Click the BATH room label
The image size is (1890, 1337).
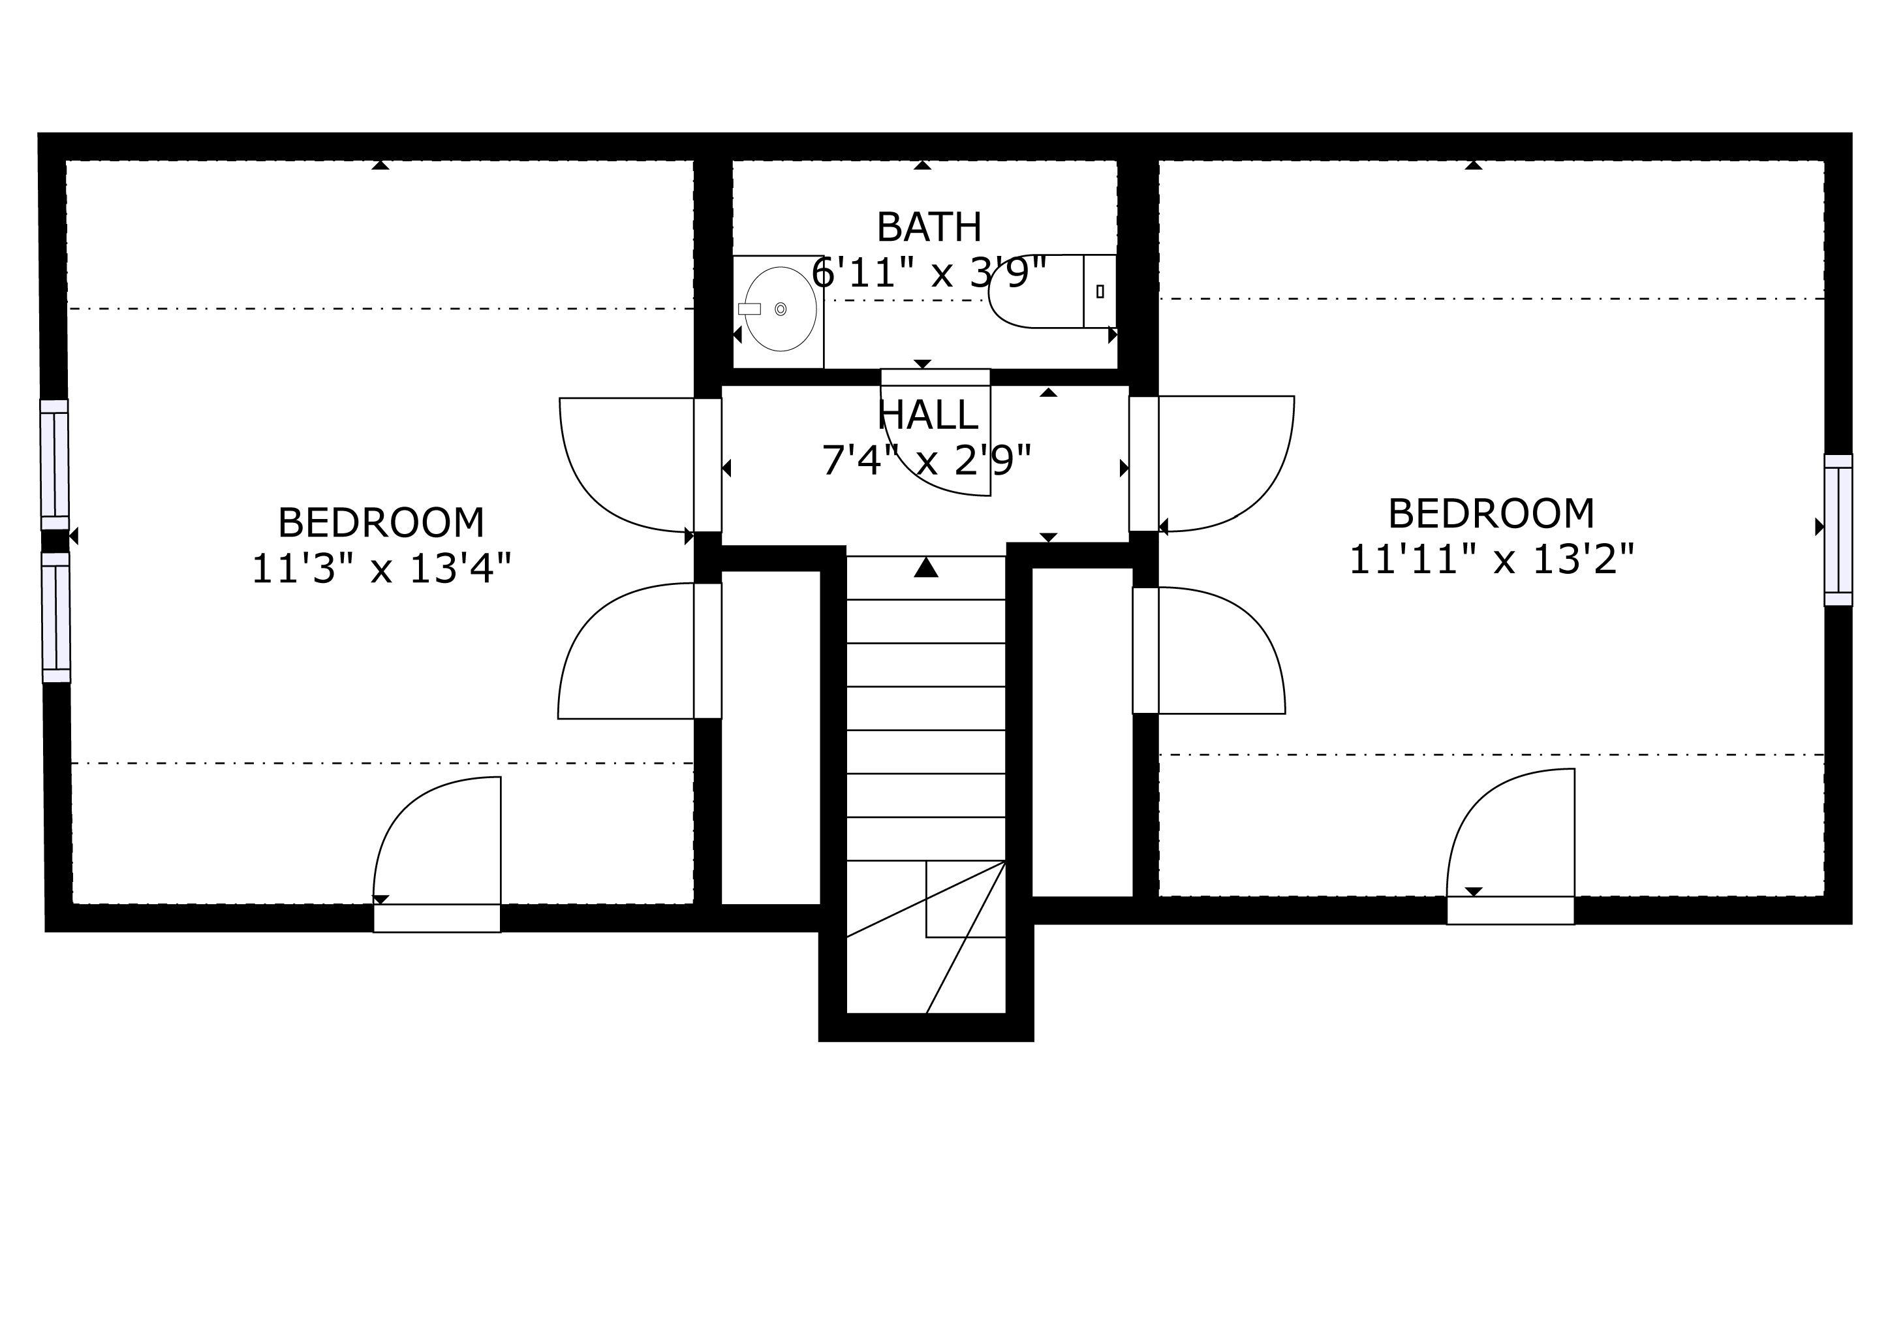coord(929,227)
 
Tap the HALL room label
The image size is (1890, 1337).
coord(929,415)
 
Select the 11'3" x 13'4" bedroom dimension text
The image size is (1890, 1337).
coord(381,568)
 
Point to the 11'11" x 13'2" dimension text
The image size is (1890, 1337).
coord(1491,560)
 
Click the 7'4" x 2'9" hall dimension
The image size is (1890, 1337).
coord(927,460)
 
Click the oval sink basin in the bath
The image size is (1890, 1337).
coord(781,309)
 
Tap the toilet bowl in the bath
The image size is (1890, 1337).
coord(1036,291)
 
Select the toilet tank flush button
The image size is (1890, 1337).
coord(1100,291)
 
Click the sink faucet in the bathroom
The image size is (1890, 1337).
coord(749,309)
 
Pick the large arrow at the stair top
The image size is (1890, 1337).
coord(926,567)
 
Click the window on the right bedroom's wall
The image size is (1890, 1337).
coord(1838,529)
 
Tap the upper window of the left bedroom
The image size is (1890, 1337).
coord(54,465)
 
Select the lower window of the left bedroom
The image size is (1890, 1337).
coord(56,618)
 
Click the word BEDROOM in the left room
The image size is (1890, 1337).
coord(381,523)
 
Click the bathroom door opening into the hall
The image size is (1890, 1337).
coord(936,432)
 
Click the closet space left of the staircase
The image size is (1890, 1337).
coord(771,738)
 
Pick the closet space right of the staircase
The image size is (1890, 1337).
coord(1083,732)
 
